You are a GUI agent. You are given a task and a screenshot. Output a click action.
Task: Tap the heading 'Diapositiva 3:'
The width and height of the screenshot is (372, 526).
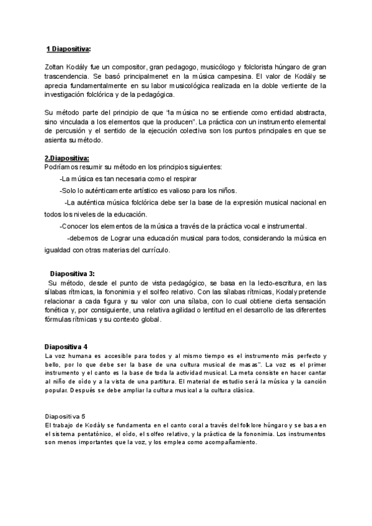pos(73,274)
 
